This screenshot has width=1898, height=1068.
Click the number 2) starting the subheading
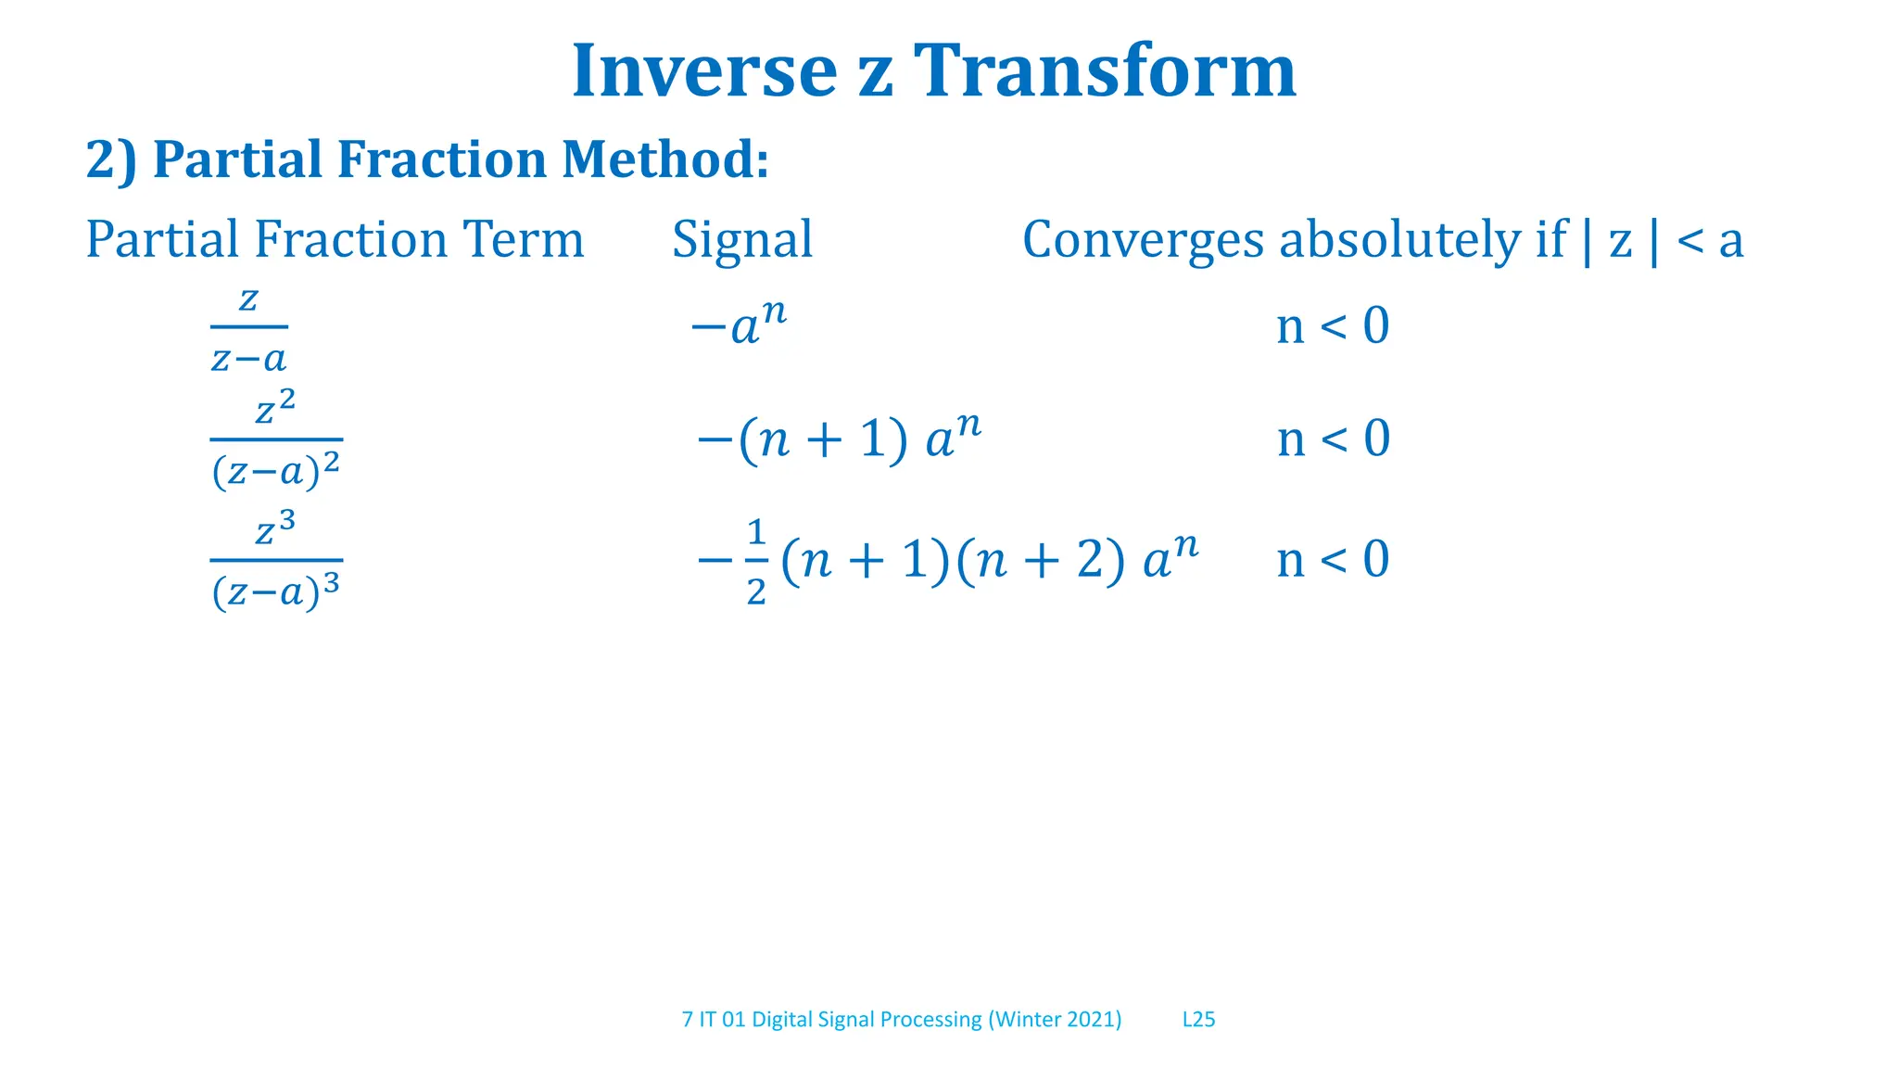click(x=111, y=159)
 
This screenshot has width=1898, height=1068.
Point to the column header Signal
click(x=742, y=239)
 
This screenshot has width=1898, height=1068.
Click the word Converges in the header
click(x=1143, y=240)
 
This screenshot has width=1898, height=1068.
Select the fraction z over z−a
click(x=248, y=328)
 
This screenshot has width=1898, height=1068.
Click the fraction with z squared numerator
click(x=276, y=439)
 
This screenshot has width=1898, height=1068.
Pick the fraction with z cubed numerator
click(x=276, y=560)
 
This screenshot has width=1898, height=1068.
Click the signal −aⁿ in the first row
click(x=740, y=324)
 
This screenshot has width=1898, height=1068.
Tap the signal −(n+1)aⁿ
click(x=839, y=438)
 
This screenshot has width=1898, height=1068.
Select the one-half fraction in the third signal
click(x=756, y=562)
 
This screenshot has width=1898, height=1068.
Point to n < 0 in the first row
click(x=1333, y=326)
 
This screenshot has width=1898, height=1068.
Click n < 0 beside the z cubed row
click(x=1333, y=560)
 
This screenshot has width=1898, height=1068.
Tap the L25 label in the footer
click(x=1198, y=1020)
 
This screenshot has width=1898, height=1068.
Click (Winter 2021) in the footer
click(x=1055, y=1020)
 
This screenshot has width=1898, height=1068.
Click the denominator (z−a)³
click(x=276, y=591)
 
